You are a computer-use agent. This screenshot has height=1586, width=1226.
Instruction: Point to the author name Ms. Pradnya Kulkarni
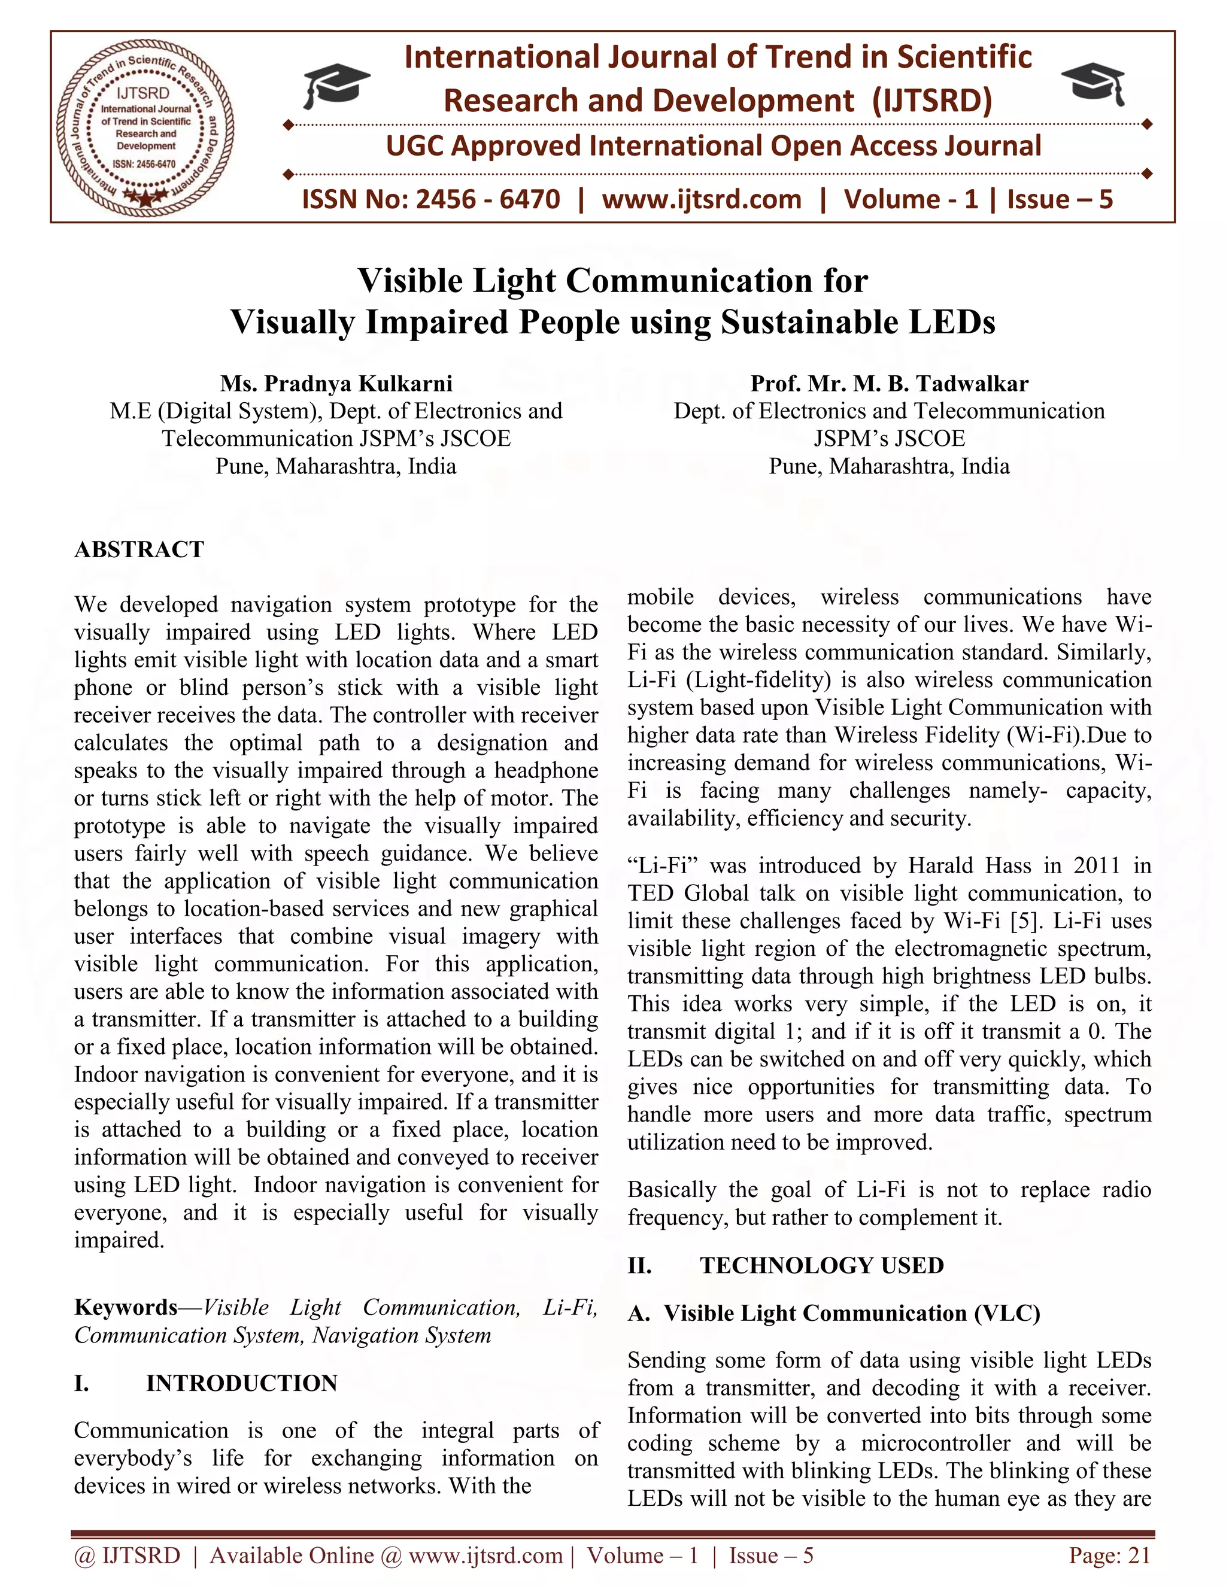(336, 384)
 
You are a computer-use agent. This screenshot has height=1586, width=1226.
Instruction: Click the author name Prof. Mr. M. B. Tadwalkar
(889, 384)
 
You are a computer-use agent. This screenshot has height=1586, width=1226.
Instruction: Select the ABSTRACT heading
(139, 550)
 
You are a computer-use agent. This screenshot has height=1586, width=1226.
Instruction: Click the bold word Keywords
(126, 1307)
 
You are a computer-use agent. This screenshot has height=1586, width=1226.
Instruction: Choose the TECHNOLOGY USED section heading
(821, 1265)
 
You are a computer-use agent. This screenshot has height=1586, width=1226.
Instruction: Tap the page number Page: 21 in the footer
(1109, 1555)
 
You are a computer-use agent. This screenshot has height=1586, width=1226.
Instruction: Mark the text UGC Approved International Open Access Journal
(713, 147)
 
